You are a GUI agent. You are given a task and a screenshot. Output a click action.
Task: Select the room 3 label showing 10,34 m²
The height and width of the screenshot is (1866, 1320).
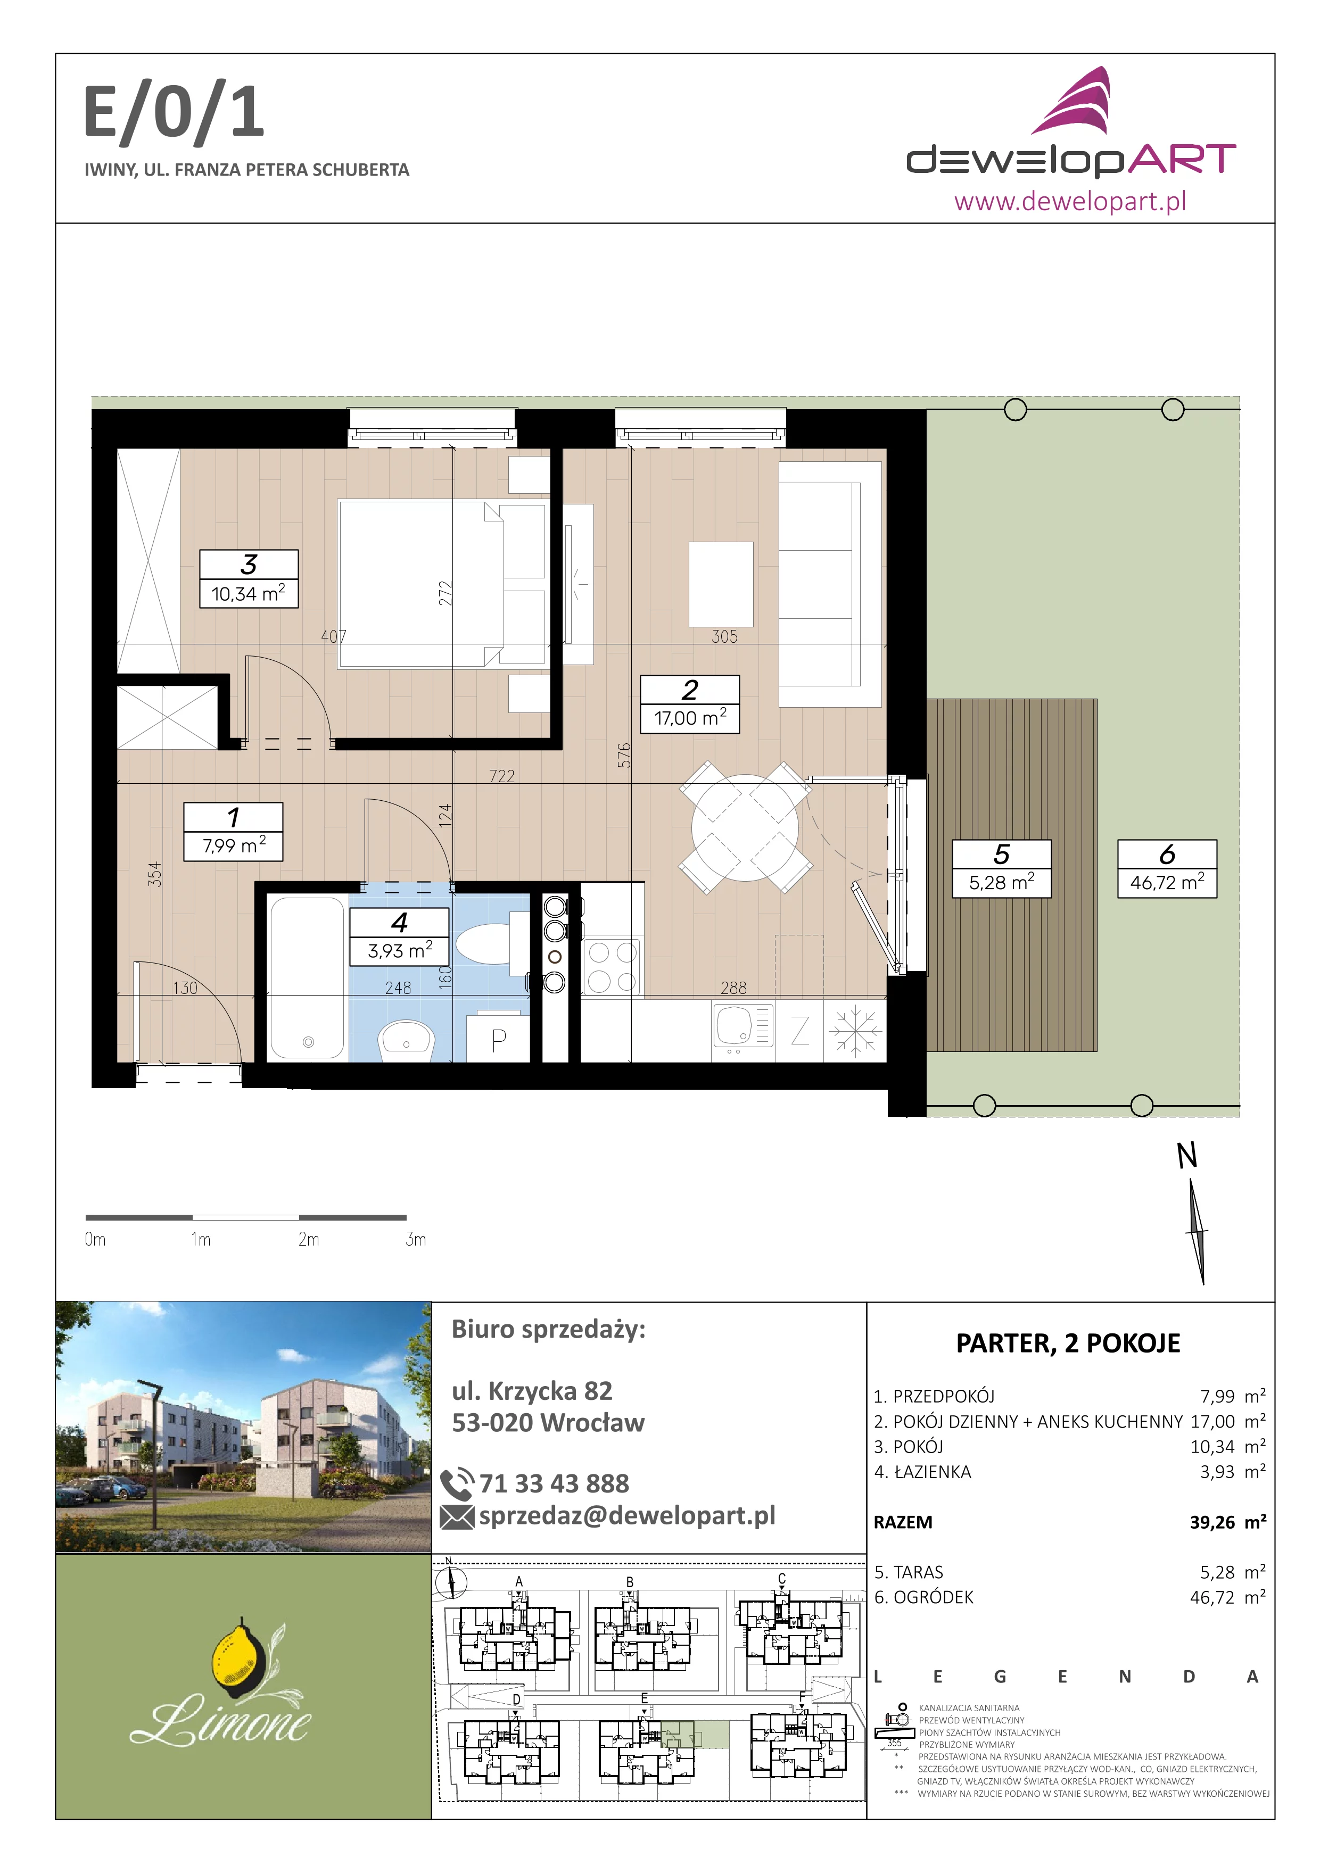(249, 579)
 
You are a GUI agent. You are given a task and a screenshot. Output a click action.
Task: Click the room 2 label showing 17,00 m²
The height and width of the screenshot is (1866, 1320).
(690, 704)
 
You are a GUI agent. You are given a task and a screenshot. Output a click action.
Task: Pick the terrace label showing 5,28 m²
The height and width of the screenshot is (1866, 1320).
(1001, 868)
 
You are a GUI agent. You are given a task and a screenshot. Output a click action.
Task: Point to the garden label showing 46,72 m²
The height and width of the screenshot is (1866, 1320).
(1167, 868)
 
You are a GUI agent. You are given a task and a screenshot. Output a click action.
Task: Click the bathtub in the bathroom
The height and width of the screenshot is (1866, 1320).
(307, 978)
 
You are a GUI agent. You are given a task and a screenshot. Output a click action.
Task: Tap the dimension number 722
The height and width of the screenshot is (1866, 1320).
(501, 776)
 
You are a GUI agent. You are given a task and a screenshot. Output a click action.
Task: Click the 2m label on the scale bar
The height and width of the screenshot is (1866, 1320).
(309, 1239)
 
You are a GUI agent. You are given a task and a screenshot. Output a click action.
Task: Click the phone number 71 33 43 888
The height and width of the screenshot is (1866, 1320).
(554, 1483)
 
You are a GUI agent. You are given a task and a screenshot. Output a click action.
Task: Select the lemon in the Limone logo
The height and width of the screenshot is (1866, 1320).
(236, 1655)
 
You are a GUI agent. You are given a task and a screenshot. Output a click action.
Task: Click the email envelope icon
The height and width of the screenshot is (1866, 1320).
(457, 1516)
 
